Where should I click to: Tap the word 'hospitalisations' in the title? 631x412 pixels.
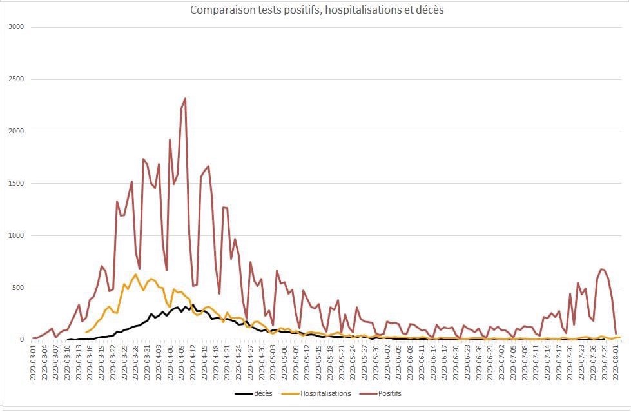(x=358, y=10)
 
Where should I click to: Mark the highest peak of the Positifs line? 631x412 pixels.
(x=185, y=99)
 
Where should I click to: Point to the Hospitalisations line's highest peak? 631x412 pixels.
(x=135, y=275)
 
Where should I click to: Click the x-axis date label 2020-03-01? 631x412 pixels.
(x=34, y=364)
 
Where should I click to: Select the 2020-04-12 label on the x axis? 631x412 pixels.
(x=193, y=364)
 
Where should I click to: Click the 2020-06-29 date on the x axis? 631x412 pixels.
(x=490, y=364)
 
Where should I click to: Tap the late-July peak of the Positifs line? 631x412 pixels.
(x=601, y=269)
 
